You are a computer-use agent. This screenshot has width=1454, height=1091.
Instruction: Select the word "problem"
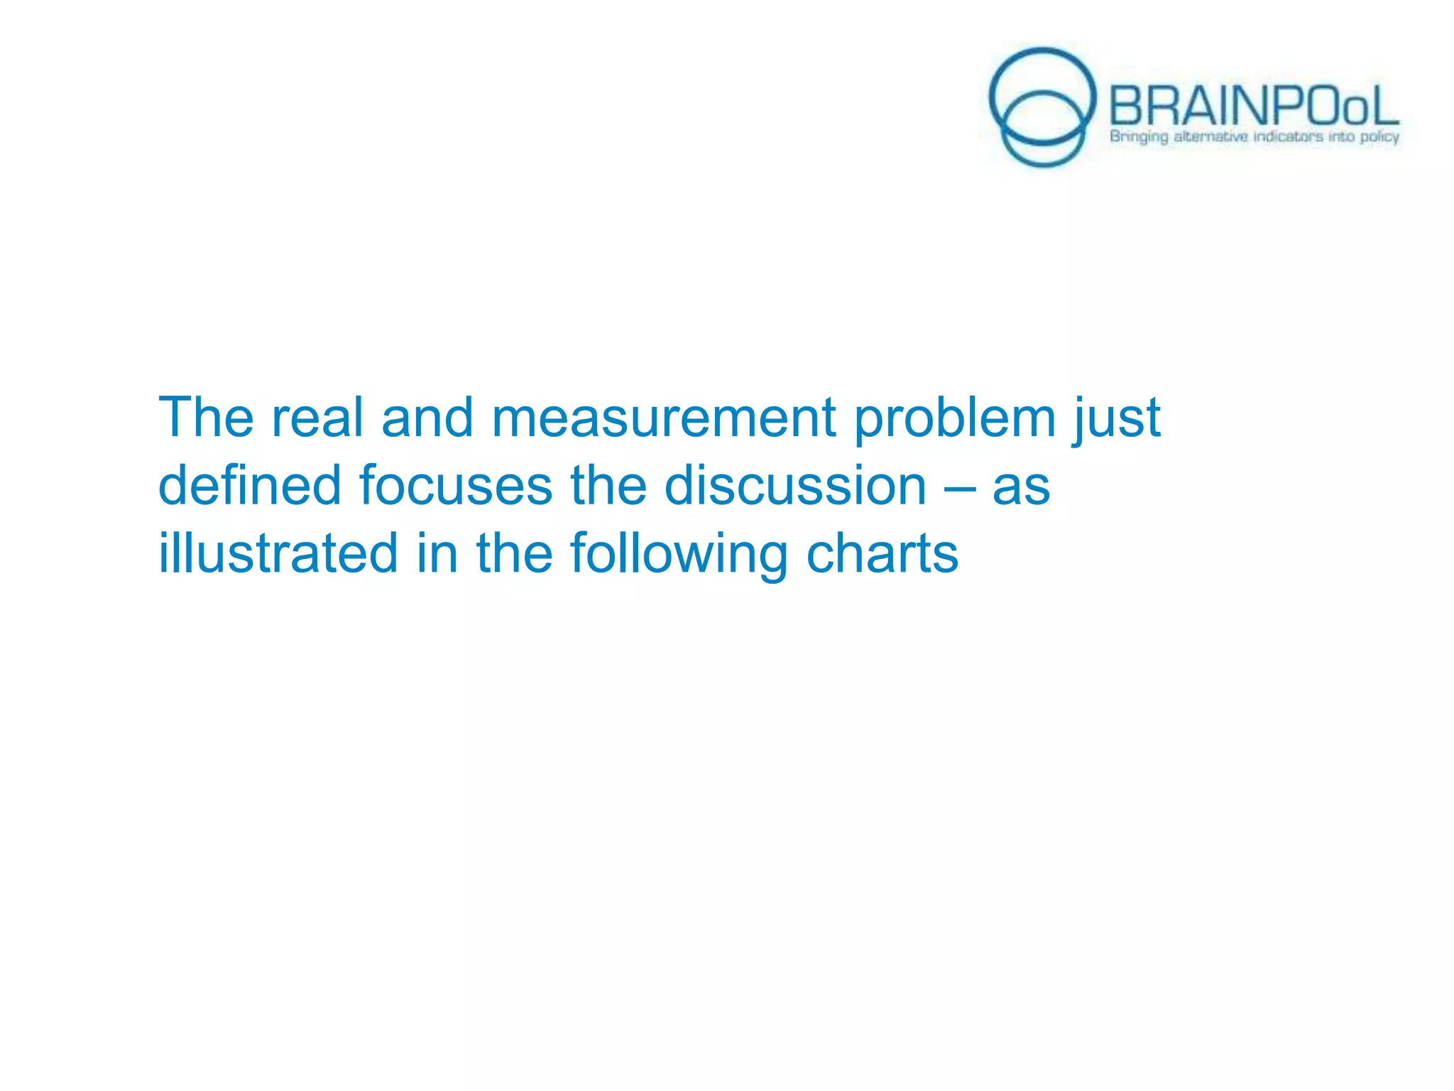[954, 419]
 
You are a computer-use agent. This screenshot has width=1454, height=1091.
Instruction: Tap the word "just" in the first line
[1117, 419]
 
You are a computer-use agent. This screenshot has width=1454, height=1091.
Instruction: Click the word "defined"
[249, 486]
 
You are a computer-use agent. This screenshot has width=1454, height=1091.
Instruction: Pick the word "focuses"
[455, 486]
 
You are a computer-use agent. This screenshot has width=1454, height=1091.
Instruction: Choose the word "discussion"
[795, 486]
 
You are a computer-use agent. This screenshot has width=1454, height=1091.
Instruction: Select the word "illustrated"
[278, 553]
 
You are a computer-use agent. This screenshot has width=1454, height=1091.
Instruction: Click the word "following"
[678, 555]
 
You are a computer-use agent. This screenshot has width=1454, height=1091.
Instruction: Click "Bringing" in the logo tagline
[1139, 136]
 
